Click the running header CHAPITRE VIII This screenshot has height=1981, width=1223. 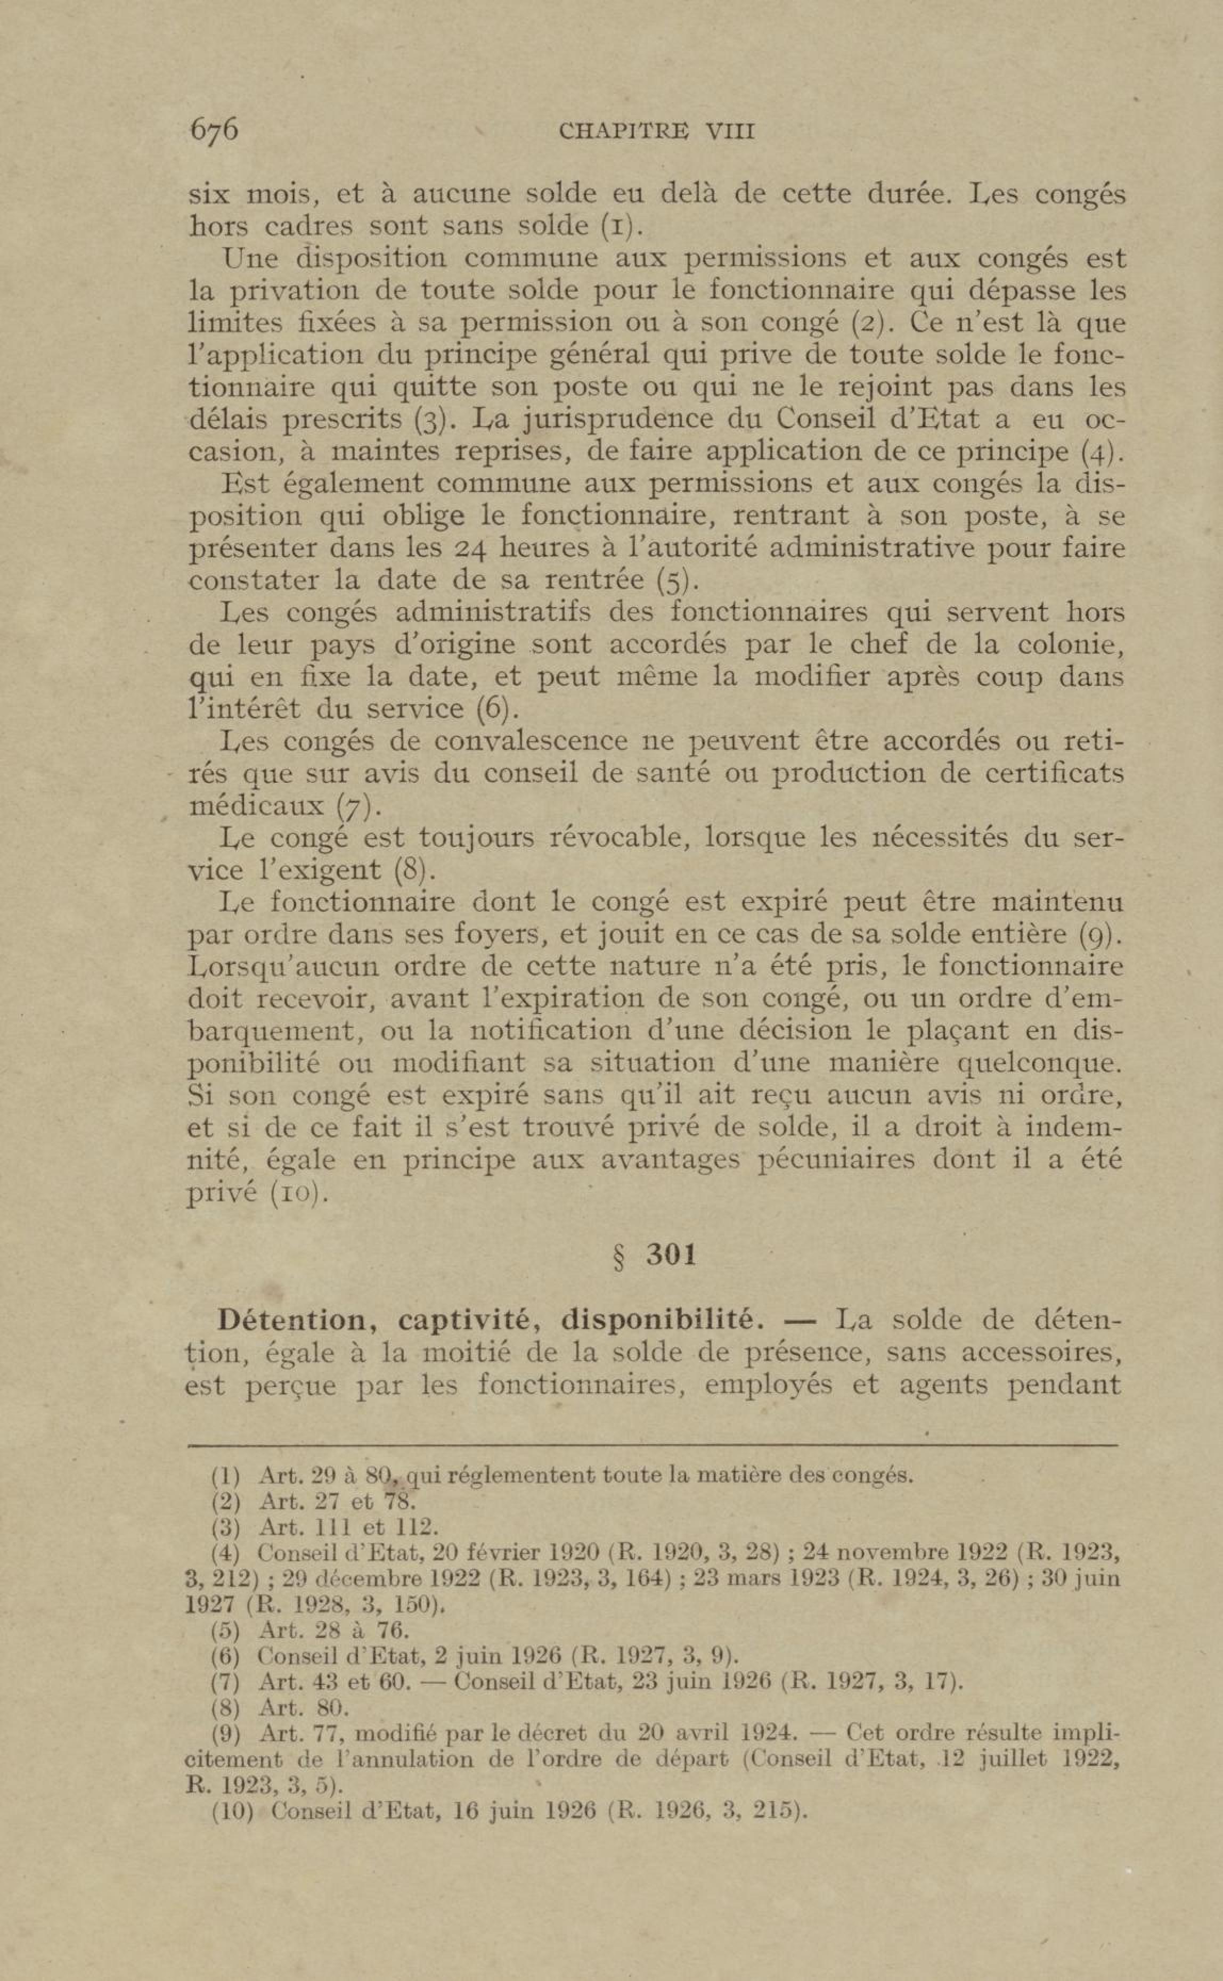click(656, 131)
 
